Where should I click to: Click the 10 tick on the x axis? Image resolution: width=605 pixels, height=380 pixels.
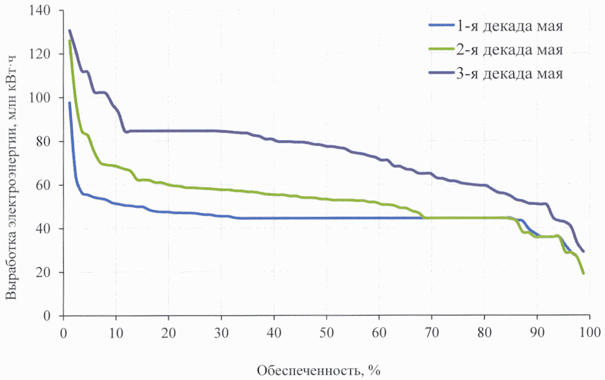116,330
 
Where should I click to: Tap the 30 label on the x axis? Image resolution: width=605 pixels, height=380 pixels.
222,330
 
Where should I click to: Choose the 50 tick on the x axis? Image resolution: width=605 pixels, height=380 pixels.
327,330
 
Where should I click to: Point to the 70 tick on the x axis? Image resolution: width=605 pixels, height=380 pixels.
432,330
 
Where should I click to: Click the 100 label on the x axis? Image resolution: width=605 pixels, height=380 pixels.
590,330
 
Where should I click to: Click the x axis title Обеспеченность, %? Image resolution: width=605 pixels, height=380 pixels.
319,369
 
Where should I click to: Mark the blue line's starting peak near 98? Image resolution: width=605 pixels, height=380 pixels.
69,102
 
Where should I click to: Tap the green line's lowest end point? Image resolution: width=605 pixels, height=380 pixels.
583,273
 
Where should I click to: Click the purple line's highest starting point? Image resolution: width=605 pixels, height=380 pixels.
69,31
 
